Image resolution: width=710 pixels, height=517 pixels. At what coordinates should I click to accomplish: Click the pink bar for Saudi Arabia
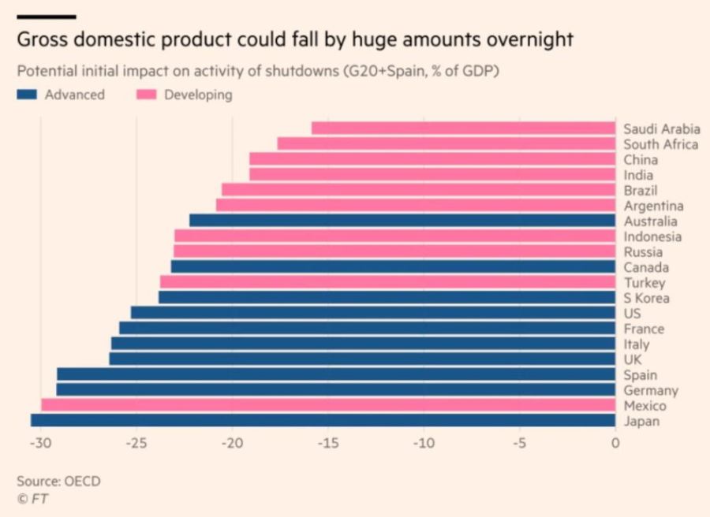(x=463, y=128)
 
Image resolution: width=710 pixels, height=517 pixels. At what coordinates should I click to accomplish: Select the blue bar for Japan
(x=323, y=421)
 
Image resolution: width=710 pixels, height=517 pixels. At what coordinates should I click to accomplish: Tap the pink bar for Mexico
(x=327, y=405)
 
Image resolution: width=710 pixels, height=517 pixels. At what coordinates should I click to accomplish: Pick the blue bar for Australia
(x=402, y=221)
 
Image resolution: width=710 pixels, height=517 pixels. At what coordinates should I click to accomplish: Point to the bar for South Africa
(x=446, y=143)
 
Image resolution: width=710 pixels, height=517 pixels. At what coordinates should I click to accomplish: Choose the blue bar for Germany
(x=335, y=390)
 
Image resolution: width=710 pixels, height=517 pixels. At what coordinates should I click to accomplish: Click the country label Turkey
(x=645, y=283)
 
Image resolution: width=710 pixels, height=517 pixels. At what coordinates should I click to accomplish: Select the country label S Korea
(x=646, y=298)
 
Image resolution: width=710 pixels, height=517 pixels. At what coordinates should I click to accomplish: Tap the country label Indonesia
(x=652, y=236)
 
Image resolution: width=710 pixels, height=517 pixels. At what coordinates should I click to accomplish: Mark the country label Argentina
(x=653, y=206)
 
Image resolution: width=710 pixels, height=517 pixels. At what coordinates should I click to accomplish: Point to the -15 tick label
(x=327, y=443)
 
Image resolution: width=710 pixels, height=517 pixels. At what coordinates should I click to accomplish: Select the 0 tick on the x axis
(x=615, y=443)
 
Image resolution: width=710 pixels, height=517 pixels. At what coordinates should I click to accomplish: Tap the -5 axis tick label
(x=520, y=443)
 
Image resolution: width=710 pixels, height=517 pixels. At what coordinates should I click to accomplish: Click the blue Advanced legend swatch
(x=27, y=95)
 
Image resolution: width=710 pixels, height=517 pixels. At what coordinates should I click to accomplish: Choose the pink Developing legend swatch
(x=146, y=95)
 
